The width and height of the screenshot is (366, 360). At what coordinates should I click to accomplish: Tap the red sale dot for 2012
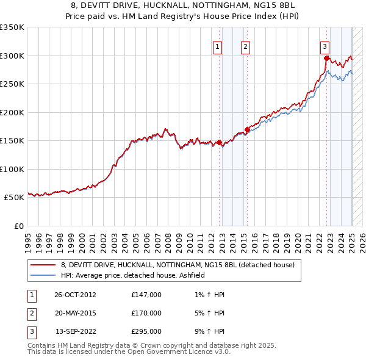[220, 142]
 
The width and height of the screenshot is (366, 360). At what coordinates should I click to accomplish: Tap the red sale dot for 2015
[248, 129]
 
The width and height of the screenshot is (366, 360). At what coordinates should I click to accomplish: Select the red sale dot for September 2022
[326, 59]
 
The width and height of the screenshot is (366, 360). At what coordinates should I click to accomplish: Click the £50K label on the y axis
[14, 197]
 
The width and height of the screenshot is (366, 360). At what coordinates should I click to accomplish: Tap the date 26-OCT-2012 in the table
[75, 295]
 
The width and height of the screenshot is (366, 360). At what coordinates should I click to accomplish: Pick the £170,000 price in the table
[146, 313]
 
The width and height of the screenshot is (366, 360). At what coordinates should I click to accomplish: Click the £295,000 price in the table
[146, 331]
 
